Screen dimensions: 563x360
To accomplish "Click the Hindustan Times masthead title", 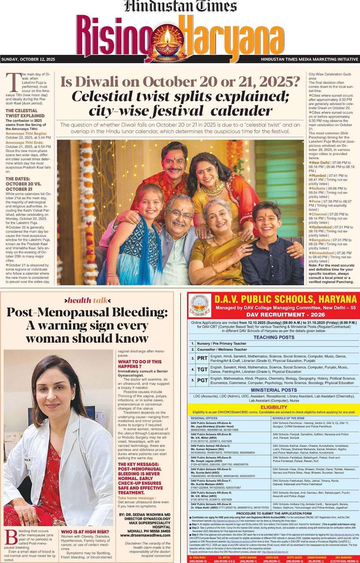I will point(180,6).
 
